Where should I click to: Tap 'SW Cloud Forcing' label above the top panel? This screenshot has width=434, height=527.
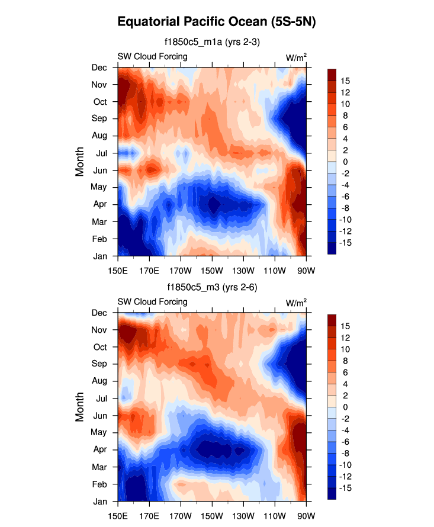(152, 57)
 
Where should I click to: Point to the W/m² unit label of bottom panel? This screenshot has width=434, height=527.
(296, 303)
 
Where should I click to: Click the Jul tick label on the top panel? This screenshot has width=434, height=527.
(100, 153)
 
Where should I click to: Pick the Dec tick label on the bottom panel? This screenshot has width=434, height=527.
(99, 313)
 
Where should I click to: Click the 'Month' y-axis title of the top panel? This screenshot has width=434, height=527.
(80, 162)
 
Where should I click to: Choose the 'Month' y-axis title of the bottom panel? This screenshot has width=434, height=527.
(80, 407)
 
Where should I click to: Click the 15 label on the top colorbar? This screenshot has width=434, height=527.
(345, 81)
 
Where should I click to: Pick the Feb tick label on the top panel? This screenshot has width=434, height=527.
(99, 239)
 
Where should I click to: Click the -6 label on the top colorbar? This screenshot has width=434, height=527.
(345, 196)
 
